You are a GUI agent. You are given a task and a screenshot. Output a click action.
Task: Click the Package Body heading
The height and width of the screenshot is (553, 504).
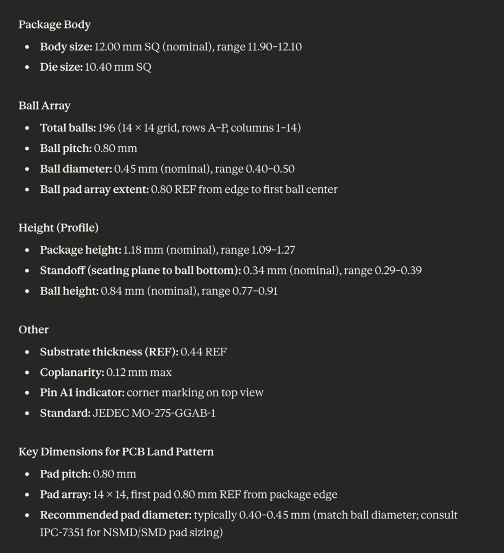[55, 24]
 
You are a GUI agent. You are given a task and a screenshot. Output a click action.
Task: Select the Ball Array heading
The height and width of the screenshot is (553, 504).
[44, 105]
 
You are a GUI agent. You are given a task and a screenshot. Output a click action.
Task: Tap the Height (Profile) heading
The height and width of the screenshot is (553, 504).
[58, 227]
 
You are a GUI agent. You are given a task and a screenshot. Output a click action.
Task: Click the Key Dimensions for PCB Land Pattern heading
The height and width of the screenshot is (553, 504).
[116, 451]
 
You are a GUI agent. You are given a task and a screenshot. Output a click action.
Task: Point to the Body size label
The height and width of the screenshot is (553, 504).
[66, 47]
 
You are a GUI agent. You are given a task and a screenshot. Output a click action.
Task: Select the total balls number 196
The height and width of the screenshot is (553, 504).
[106, 128]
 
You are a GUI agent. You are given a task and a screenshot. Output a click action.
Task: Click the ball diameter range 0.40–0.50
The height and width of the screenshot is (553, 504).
[270, 169]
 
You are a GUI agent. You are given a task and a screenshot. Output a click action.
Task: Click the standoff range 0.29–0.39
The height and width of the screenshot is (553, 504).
[398, 271]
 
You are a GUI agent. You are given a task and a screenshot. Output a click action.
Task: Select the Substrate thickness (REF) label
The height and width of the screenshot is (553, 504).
[108, 352]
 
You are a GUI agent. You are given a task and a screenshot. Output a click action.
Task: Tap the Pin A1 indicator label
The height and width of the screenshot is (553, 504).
[82, 393]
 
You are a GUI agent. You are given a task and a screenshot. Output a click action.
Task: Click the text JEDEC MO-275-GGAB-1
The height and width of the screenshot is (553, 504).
[154, 413]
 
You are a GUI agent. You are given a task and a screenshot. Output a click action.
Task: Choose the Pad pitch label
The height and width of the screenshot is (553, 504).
[65, 474]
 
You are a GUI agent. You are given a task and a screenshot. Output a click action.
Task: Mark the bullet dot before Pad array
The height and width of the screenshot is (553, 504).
[28, 495]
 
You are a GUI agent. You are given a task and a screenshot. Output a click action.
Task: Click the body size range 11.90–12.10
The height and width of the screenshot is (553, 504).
[274, 47]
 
